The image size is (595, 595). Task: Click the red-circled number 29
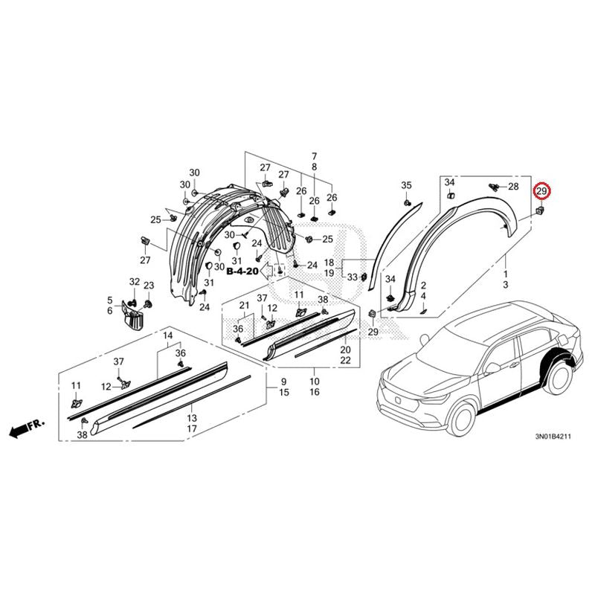point(541,192)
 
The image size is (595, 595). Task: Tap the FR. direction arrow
point(27,428)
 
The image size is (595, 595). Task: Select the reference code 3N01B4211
point(553,437)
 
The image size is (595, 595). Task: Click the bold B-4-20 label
point(242,271)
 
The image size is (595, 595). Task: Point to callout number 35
point(406,185)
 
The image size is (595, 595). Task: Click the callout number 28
point(513,187)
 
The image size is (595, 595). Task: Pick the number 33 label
point(353,277)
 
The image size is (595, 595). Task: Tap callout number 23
point(149,286)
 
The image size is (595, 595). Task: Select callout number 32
point(135,282)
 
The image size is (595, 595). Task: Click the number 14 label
point(168,335)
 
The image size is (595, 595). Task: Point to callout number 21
point(244,305)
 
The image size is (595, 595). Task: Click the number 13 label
point(192,418)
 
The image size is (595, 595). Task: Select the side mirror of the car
point(492,367)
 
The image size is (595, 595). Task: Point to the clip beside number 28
point(494,187)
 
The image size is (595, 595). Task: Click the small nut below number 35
point(406,203)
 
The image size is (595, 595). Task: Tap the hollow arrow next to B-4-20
point(267,270)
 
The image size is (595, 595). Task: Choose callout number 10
point(315,382)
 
